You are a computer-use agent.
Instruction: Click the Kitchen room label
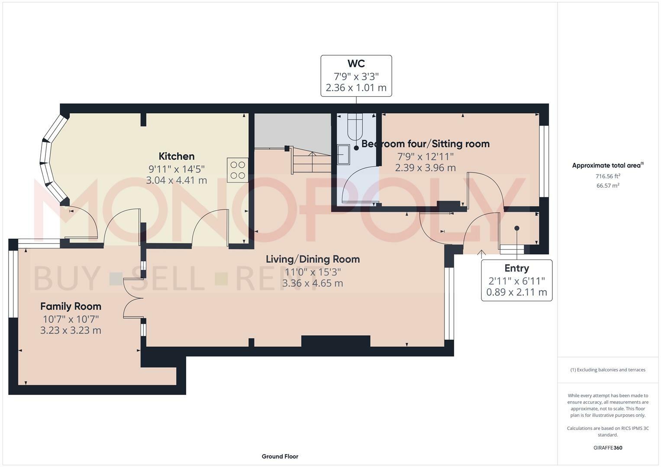[176, 157]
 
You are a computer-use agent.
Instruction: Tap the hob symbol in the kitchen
[237, 170]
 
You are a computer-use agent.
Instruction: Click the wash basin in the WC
[344, 155]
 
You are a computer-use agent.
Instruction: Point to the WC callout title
[356, 64]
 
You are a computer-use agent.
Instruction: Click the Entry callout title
[516, 269]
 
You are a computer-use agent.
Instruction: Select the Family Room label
[71, 307]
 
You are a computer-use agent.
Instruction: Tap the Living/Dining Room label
[313, 259]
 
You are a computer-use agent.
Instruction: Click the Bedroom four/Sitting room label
[426, 144]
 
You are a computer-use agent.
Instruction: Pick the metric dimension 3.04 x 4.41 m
[176, 180]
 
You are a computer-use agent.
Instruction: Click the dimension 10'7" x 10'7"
[71, 319]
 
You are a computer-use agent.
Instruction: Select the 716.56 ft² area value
[607, 176]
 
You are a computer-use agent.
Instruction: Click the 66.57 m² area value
[607, 186]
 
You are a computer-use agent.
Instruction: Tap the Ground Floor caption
[280, 456]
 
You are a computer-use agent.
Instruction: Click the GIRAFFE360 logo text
[607, 448]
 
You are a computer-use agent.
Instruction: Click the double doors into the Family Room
[133, 298]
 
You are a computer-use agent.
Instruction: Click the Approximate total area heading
[607, 165]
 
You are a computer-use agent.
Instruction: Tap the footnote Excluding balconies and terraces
[607, 370]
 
